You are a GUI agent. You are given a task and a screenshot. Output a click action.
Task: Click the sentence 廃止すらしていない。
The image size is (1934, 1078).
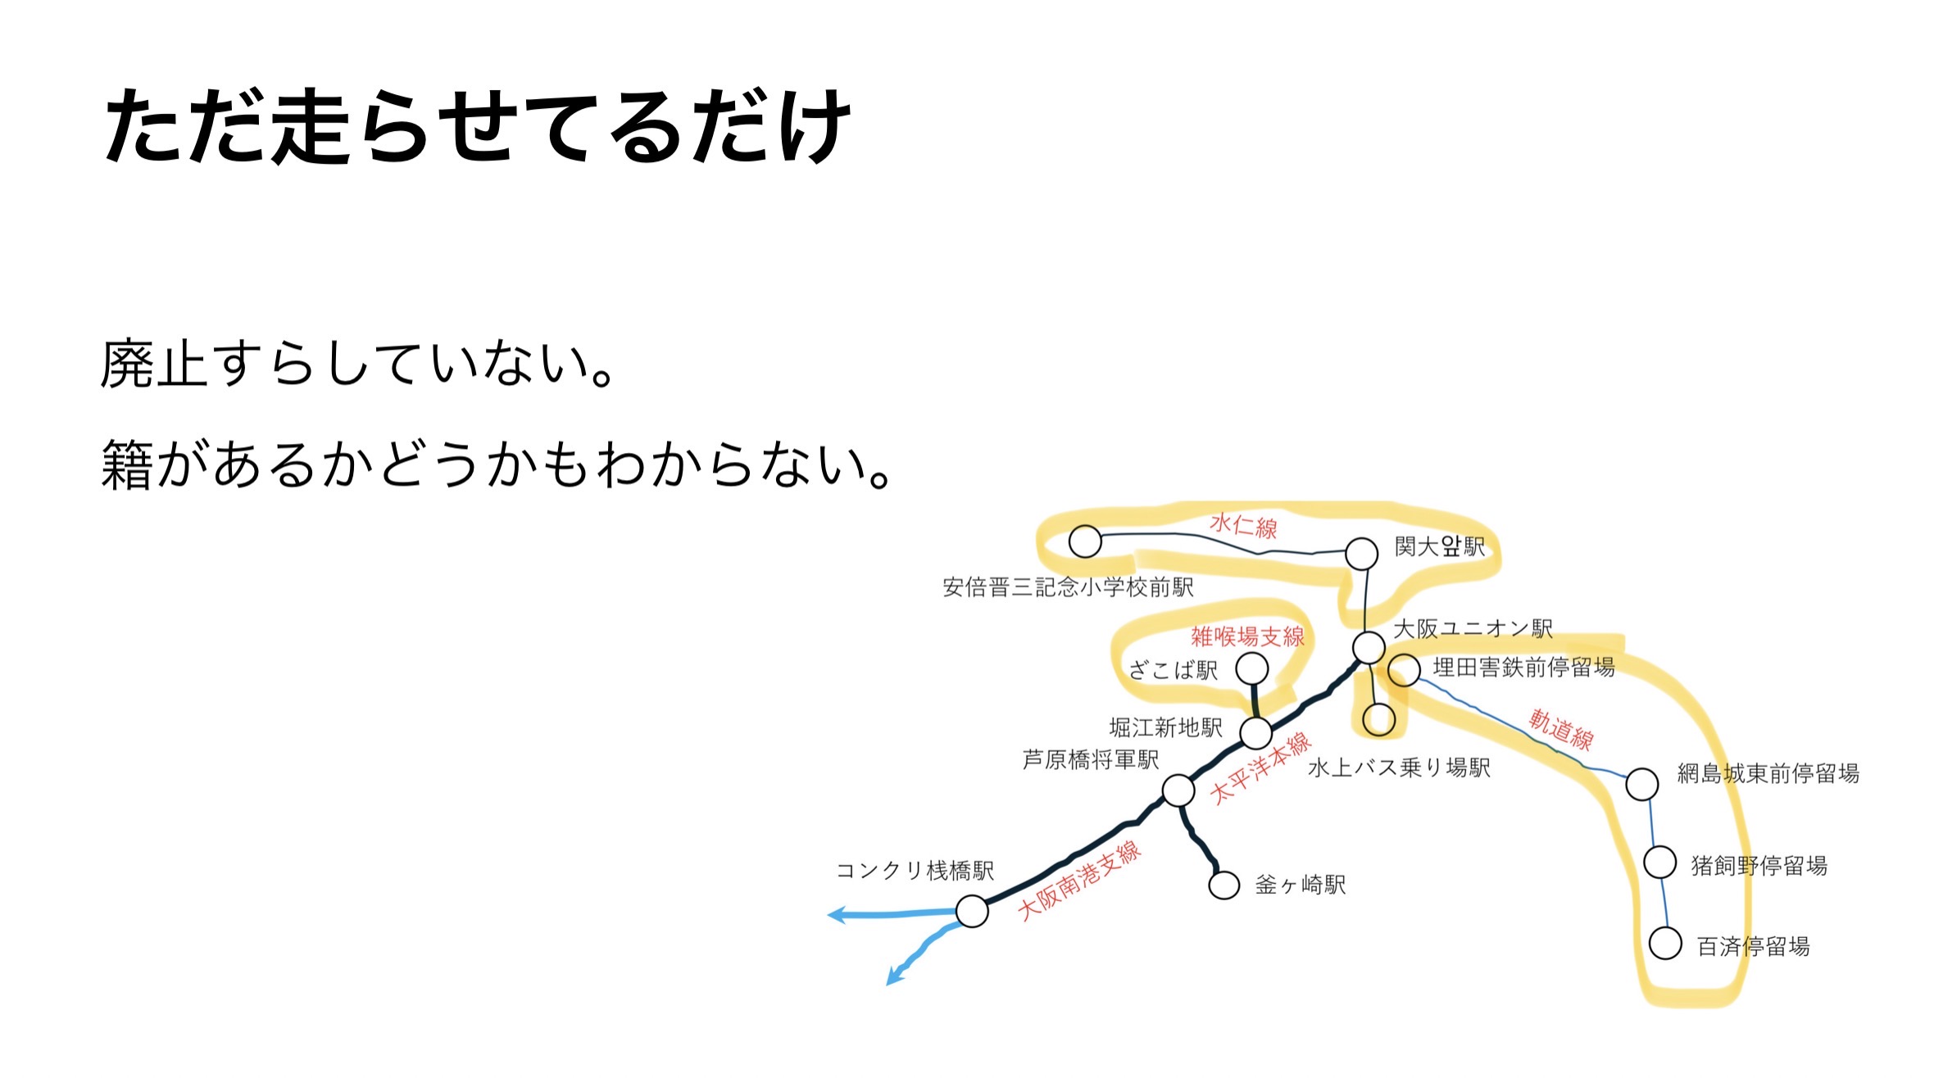pyautogui.click(x=358, y=364)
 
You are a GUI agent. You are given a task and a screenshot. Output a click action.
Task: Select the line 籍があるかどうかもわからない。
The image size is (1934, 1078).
pyautogui.click(x=497, y=464)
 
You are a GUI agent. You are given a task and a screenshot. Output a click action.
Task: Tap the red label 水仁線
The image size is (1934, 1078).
pyautogui.click(x=1243, y=526)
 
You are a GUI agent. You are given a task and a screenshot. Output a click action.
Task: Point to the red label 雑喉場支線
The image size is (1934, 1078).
pyautogui.click(x=1247, y=636)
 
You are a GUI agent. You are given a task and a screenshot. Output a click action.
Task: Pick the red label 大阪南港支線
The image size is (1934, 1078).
pyautogui.click(x=1079, y=881)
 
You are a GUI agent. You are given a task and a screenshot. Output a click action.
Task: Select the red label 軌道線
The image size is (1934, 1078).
pyautogui.click(x=1561, y=729)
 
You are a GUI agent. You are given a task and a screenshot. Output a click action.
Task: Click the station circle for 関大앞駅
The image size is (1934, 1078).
pyautogui.click(x=1361, y=554)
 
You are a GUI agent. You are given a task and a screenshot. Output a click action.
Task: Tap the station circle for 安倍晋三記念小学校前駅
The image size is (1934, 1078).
pyautogui.click(x=1085, y=541)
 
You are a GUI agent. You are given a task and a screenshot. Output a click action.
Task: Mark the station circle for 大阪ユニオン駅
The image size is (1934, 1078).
pyautogui.click(x=1369, y=647)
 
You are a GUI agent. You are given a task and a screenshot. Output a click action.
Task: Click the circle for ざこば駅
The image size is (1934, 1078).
pyautogui.click(x=1251, y=669)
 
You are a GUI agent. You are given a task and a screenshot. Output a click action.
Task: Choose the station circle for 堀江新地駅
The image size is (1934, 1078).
pyautogui.click(x=1255, y=732)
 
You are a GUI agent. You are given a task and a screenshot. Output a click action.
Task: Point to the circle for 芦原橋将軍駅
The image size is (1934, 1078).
pyautogui.click(x=1178, y=790)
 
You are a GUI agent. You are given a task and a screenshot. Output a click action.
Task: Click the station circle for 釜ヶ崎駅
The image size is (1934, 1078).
pyautogui.click(x=1224, y=885)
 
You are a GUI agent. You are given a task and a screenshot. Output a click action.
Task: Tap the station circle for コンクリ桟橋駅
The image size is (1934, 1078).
pyautogui.click(x=972, y=911)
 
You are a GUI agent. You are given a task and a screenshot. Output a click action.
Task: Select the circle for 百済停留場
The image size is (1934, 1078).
pyautogui.click(x=1665, y=943)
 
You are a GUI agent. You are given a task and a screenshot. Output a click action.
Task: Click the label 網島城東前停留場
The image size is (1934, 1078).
pyautogui.click(x=1768, y=773)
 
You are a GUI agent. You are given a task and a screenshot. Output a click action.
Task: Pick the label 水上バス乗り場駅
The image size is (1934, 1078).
pyautogui.click(x=1399, y=768)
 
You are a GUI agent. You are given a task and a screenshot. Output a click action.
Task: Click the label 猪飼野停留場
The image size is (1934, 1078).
pyautogui.click(x=1759, y=866)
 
